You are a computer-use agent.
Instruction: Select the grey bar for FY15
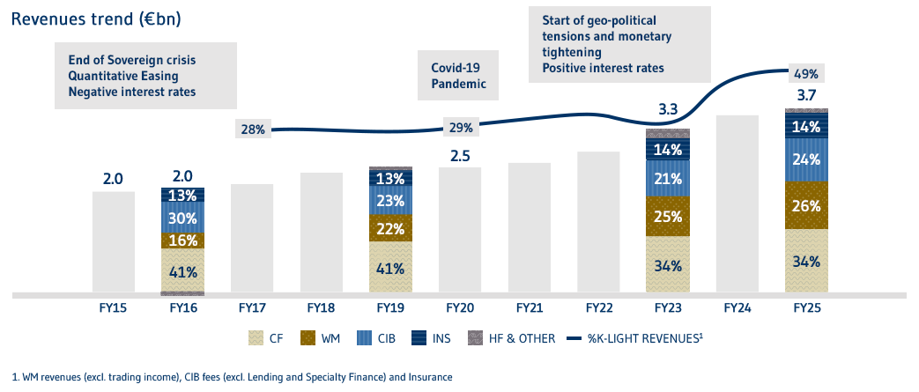point(113,241)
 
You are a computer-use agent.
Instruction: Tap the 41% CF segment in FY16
point(182,270)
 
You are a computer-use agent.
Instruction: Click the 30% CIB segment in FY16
point(182,218)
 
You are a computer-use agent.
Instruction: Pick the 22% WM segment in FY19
point(390,227)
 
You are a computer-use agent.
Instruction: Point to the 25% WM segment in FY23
point(668,216)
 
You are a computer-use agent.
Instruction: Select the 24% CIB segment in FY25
point(807,160)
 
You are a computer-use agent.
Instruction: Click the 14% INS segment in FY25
point(807,126)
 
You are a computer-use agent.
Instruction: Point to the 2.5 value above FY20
point(460,155)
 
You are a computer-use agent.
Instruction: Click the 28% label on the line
point(253,129)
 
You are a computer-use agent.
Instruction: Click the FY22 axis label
point(598,309)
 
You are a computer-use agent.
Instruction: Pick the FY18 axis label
point(321,309)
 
